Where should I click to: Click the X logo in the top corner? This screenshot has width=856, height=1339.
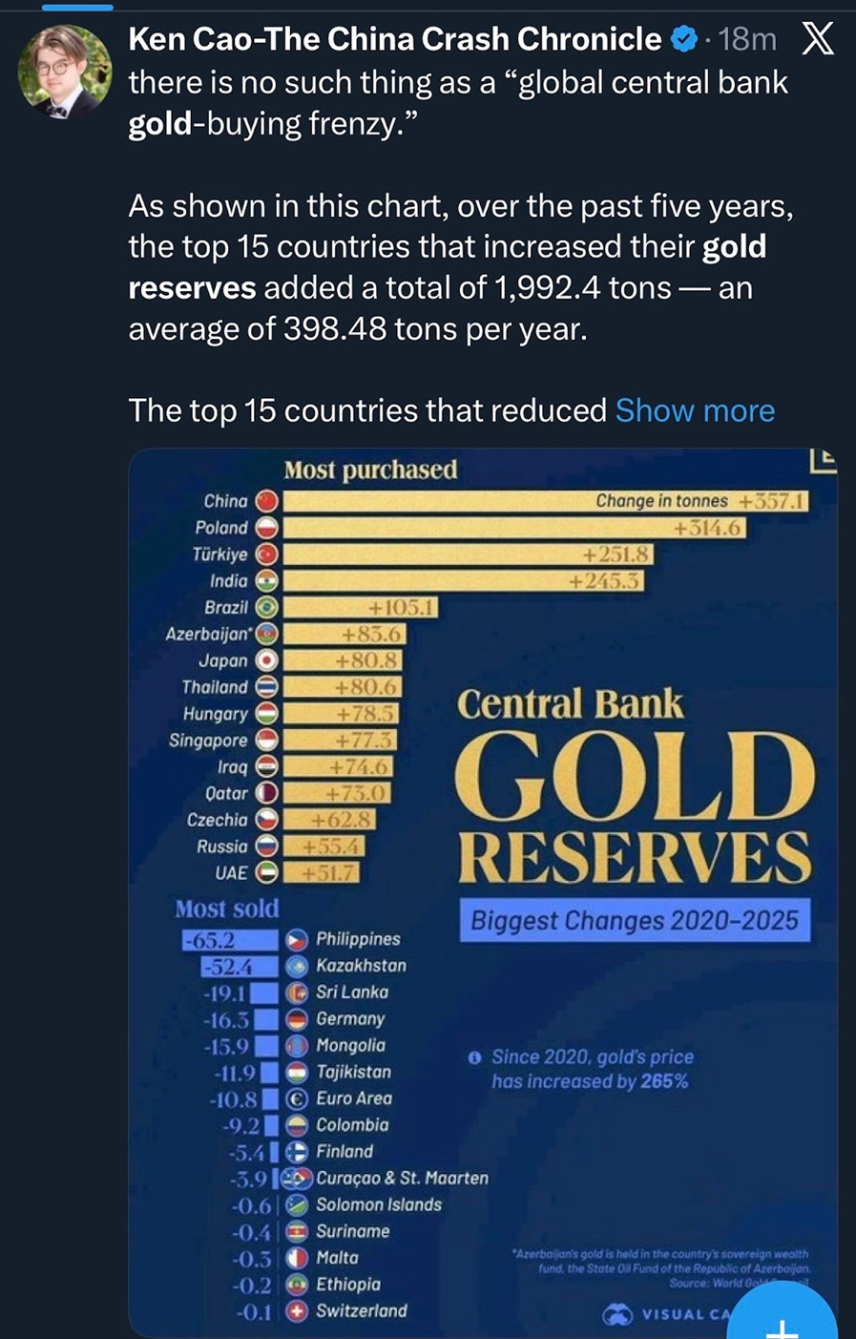click(818, 39)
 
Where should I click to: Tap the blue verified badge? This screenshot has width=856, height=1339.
click(683, 39)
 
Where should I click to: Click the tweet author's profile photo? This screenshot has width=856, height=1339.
click(65, 72)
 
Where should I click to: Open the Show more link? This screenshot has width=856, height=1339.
click(695, 410)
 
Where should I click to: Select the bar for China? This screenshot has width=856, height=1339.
click(544, 501)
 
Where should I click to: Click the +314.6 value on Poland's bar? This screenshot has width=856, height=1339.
click(707, 528)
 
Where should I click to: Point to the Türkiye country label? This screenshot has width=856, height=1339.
click(219, 554)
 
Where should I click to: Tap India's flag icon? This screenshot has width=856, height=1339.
click(267, 581)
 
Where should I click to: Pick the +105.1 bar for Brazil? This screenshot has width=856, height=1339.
click(360, 607)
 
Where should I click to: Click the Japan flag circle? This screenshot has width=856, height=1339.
click(267, 660)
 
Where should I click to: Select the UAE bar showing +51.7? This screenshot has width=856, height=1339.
click(321, 872)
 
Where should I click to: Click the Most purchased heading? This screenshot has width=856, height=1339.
click(370, 470)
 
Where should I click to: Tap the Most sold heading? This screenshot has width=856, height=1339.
click(227, 909)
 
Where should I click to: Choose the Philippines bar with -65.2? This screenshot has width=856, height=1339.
click(231, 940)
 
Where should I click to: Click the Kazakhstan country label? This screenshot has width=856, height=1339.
click(361, 966)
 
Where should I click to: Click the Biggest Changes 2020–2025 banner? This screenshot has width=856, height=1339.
click(635, 921)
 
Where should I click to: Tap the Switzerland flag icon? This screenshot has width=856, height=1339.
click(297, 1311)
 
